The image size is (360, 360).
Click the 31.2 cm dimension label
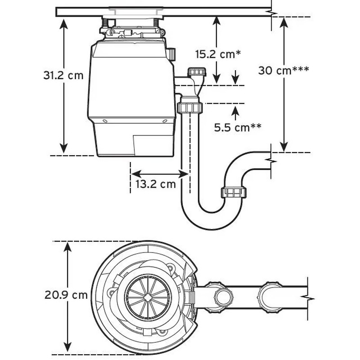tap(63, 75)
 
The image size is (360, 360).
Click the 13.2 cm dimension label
tap(155, 184)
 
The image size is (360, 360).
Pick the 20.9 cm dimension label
tap(66, 295)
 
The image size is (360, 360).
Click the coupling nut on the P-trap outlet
tap(233, 193)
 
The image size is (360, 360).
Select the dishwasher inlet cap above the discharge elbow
tap(197, 72)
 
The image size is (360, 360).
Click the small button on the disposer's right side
tap(171, 54)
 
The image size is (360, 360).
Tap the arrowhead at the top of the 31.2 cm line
tap(64, 23)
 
